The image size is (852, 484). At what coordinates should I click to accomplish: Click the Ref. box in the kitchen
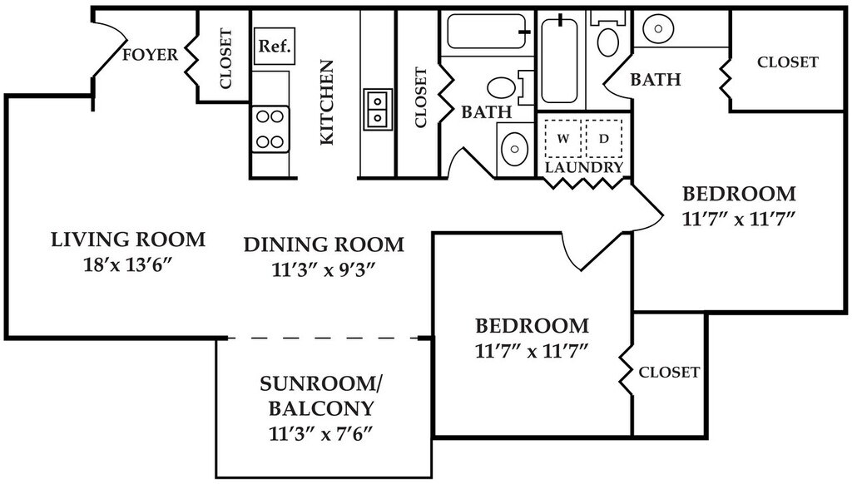pyautogui.click(x=275, y=47)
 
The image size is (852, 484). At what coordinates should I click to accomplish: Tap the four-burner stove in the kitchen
pyautogui.click(x=270, y=129)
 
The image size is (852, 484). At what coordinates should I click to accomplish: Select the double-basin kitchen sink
pyautogui.click(x=378, y=109)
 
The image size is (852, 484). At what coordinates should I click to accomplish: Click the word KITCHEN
pyautogui.click(x=326, y=102)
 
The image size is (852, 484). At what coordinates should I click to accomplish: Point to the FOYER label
pyautogui.click(x=150, y=55)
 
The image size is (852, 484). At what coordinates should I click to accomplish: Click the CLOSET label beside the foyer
pyautogui.click(x=225, y=59)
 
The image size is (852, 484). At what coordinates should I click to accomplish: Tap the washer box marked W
pyautogui.click(x=563, y=139)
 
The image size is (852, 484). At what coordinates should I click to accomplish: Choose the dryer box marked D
pyautogui.click(x=604, y=139)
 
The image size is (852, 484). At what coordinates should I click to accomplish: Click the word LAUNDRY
pyautogui.click(x=584, y=167)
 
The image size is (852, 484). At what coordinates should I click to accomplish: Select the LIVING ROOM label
pyautogui.click(x=128, y=240)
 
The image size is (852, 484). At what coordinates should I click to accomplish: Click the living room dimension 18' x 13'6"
pyautogui.click(x=128, y=264)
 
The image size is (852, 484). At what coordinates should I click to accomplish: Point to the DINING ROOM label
pyautogui.click(x=324, y=245)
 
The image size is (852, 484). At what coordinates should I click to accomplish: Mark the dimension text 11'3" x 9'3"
pyautogui.click(x=324, y=269)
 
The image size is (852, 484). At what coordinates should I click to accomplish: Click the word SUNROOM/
pyautogui.click(x=321, y=384)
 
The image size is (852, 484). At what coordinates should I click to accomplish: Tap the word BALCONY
pyautogui.click(x=321, y=408)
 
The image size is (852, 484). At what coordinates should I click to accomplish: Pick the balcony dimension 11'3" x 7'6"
pyautogui.click(x=321, y=433)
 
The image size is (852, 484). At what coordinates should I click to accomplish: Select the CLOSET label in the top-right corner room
pyautogui.click(x=788, y=62)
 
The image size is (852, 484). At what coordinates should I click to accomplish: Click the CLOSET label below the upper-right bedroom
pyautogui.click(x=669, y=372)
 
